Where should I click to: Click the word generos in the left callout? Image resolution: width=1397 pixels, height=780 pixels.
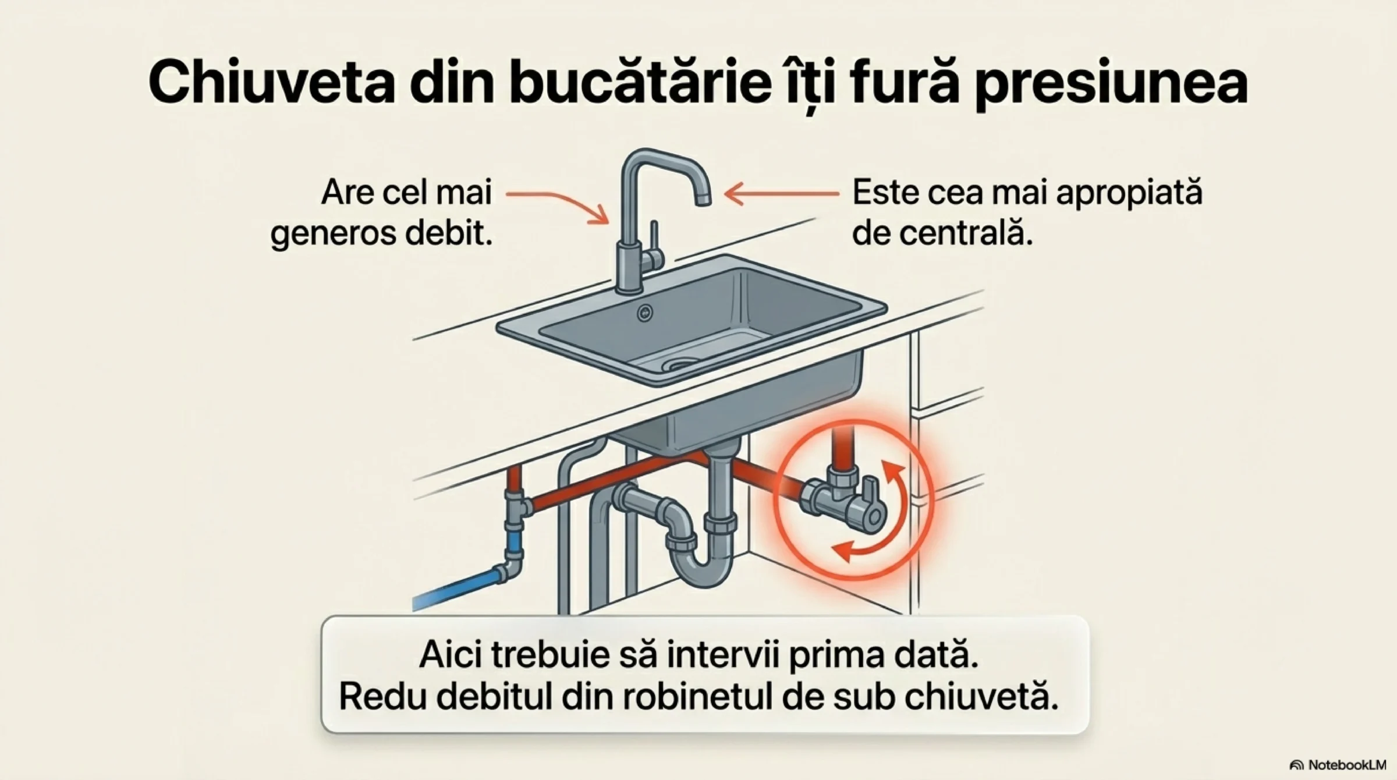(x=332, y=235)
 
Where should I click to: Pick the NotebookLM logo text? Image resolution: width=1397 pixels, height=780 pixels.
(x=1339, y=765)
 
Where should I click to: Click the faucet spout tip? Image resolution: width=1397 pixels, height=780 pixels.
(x=703, y=199)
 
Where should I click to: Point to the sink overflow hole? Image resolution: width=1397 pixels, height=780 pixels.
(x=644, y=313)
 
